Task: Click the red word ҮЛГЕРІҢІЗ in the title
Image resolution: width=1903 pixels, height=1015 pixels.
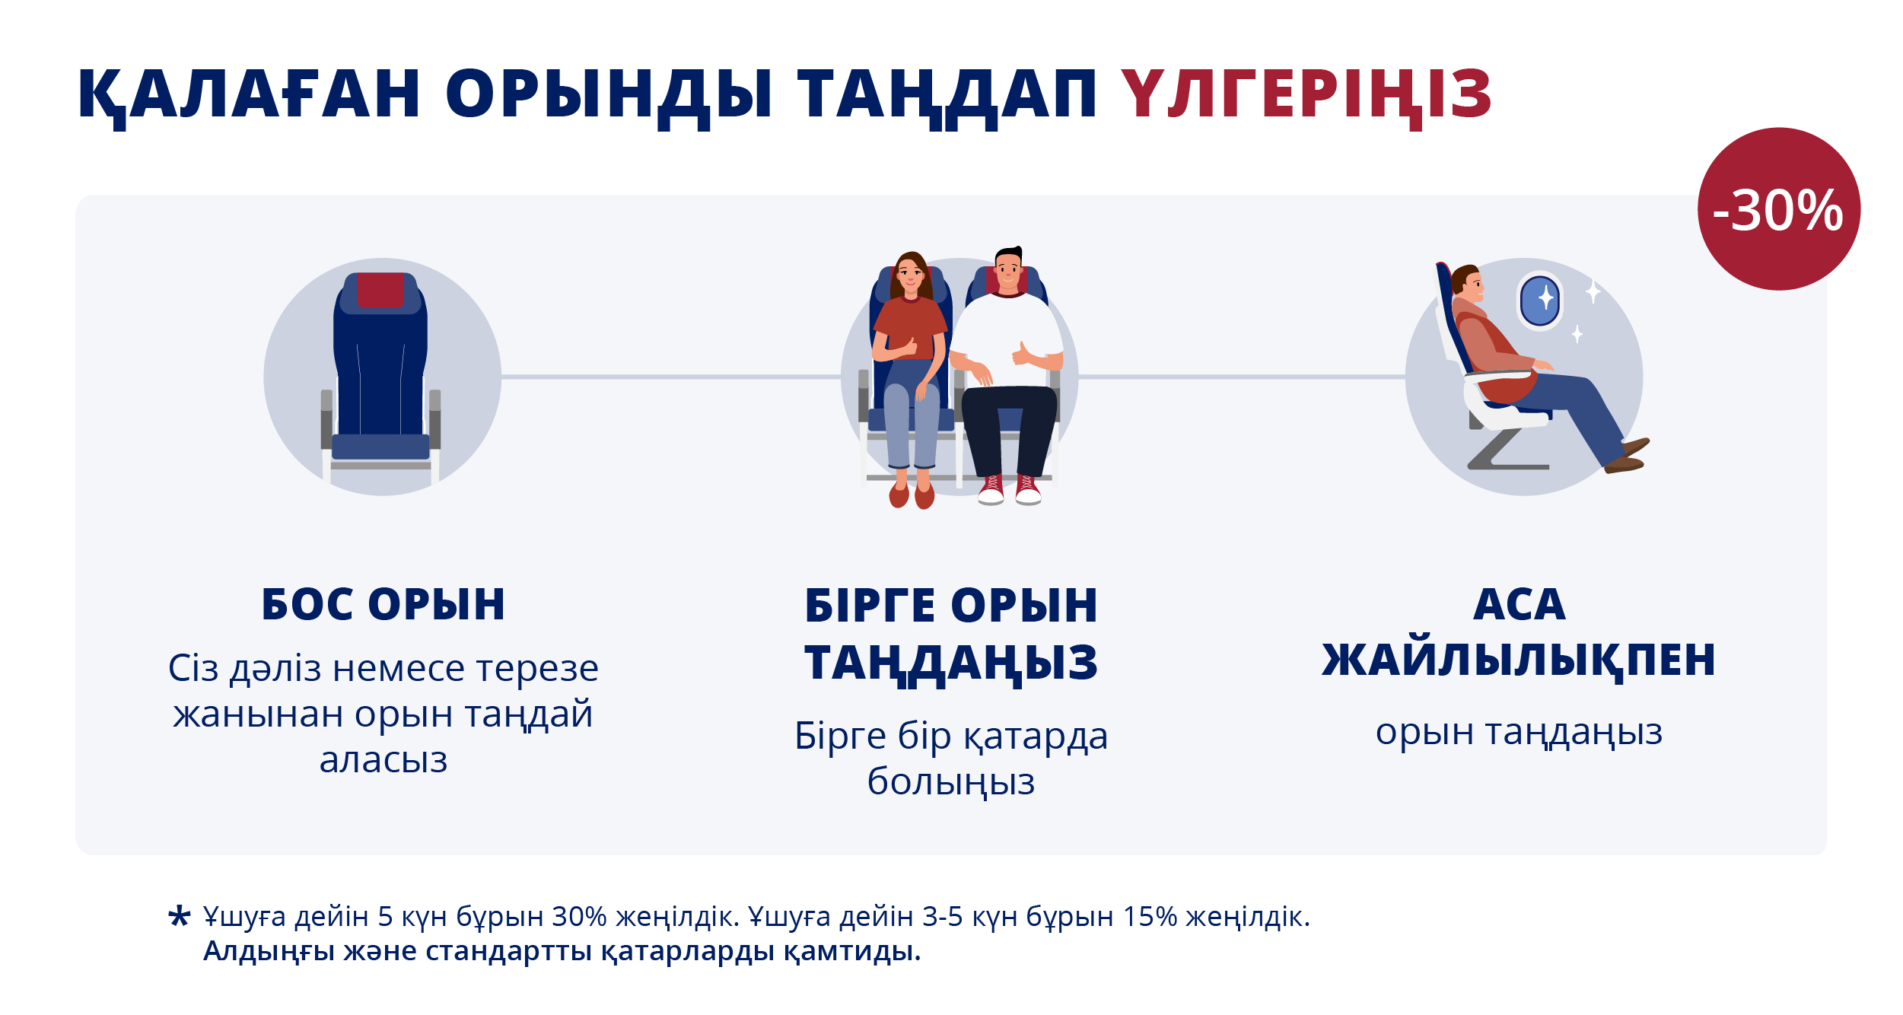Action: pyautogui.click(x=1306, y=94)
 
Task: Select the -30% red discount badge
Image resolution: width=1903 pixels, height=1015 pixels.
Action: pyautogui.click(x=1779, y=209)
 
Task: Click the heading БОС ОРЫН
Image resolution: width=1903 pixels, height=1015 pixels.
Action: pyautogui.click(x=383, y=604)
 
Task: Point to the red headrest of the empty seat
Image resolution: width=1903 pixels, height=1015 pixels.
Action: pyautogui.click(x=380, y=290)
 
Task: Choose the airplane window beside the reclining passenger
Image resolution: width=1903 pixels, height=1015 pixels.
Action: pyautogui.click(x=1540, y=301)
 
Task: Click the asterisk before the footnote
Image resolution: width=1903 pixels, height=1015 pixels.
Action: pyautogui.click(x=179, y=916)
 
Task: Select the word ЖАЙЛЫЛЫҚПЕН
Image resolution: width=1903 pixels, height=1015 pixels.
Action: pyautogui.click(x=1519, y=659)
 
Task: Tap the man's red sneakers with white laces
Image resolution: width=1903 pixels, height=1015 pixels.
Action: pyautogui.click(x=1010, y=490)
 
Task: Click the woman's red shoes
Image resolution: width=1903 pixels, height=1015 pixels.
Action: pyautogui.click(x=912, y=495)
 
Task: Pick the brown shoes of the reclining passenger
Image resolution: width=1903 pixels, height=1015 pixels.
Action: pyautogui.click(x=1627, y=456)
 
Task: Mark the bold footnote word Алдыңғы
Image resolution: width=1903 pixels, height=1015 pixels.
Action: pyautogui.click(x=269, y=952)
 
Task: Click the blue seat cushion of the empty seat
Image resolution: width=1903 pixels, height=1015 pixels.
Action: pyautogui.click(x=380, y=447)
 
